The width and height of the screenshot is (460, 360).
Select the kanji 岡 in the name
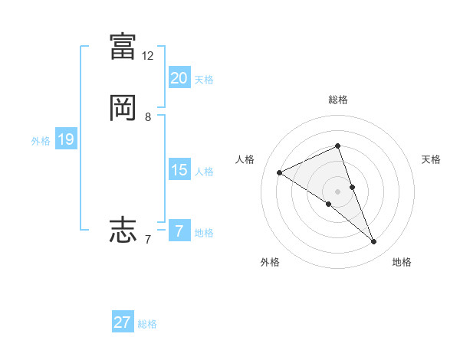(x=123, y=108)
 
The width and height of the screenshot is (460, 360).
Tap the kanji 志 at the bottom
(x=123, y=229)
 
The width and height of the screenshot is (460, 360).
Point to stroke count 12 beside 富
(x=148, y=56)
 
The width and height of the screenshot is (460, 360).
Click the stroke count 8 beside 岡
(x=148, y=118)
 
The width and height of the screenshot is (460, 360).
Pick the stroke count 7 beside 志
(x=148, y=240)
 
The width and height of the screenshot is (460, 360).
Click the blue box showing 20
(x=179, y=78)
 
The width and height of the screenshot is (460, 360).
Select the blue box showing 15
(x=179, y=170)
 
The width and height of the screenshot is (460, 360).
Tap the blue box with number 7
(x=179, y=231)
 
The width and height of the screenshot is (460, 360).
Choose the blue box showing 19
(x=66, y=139)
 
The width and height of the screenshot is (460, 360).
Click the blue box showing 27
(x=123, y=322)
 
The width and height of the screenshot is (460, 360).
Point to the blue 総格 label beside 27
(x=147, y=324)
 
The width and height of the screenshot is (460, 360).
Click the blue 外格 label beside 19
(x=41, y=141)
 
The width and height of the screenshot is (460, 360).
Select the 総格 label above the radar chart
(x=338, y=100)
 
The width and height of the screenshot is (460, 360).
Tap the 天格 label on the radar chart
(x=431, y=159)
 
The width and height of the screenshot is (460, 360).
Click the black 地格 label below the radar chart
(x=402, y=262)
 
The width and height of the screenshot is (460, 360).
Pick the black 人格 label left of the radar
(x=245, y=159)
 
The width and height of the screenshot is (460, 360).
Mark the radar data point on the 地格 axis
(x=374, y=242)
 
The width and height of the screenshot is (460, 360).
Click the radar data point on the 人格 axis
(x=280, y=173)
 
